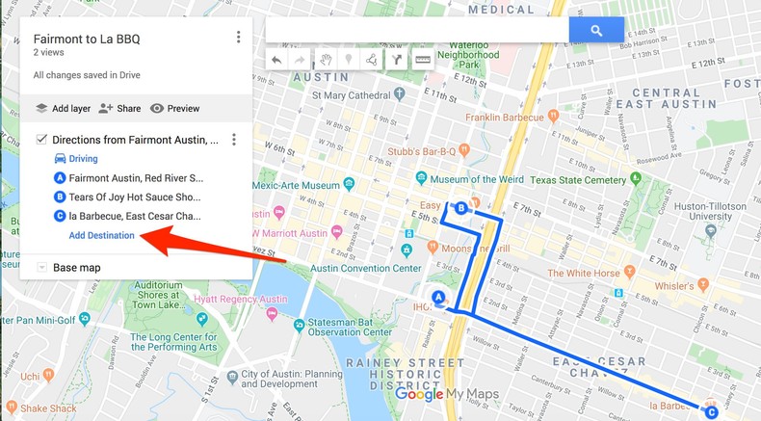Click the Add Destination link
(101, 235)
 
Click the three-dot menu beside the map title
(238, 38)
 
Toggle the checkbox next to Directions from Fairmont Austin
(41, 140)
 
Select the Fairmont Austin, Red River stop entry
(135, 178)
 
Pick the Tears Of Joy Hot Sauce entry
(135, 197)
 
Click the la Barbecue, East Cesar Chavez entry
(135, 216)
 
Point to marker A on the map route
(438, 298)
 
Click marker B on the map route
(461, 208)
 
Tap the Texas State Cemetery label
(577, 180)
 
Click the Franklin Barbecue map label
(505, 118)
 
